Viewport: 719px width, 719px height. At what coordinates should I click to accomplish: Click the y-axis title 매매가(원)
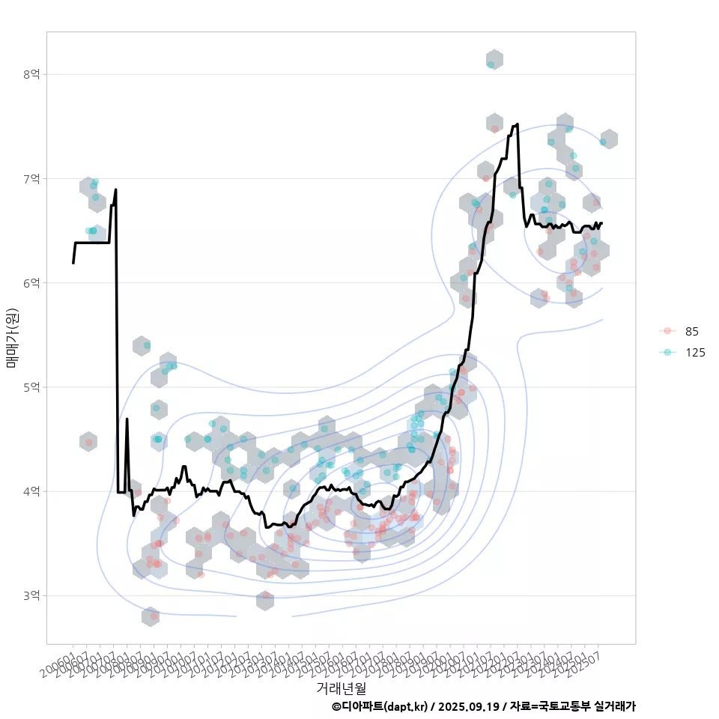pos(12,337)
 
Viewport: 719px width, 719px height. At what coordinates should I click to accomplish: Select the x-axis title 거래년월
pos(341,688)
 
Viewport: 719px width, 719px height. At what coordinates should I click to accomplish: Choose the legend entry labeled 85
pos(691,331)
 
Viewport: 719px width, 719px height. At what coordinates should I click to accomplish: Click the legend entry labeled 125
pos(694,352)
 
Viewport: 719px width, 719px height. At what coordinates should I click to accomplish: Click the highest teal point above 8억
pos(491,64)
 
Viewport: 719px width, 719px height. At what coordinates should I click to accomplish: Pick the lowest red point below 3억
pos(154,616)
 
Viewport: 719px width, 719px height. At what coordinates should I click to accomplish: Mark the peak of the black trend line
pos(517,124)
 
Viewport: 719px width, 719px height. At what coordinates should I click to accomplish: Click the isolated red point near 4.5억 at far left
pos(89,443)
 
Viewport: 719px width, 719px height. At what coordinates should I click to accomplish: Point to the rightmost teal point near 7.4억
pos(603,142)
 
